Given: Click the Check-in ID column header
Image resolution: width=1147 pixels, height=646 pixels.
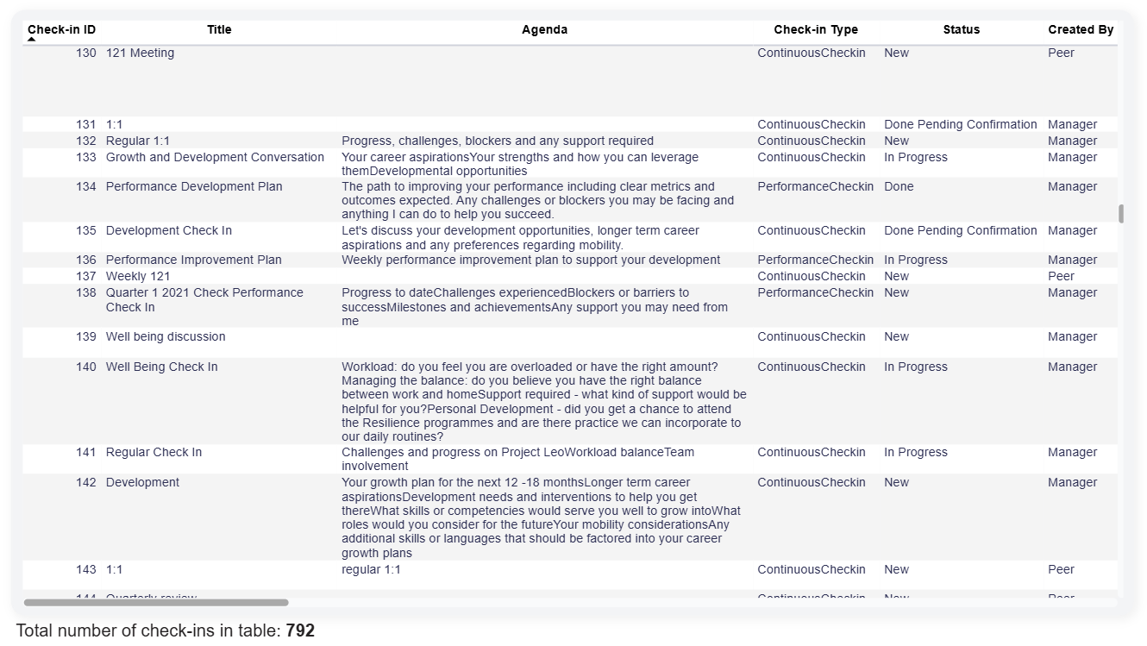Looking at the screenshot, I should pos(61,29).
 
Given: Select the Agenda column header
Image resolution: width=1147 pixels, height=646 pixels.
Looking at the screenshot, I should pos(544,29).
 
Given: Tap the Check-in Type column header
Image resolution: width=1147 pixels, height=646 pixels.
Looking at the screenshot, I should pos(815,29).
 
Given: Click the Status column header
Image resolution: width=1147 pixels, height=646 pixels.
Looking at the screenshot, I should pos(961,29).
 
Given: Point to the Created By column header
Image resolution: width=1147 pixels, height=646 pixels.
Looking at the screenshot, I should pos(1080,29).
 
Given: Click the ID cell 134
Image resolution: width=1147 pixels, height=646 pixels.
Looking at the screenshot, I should pos(86,186).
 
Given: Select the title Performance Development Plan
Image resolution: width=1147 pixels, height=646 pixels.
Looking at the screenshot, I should pos(194,186).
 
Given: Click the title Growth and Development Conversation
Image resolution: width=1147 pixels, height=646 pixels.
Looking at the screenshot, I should pos(215,157).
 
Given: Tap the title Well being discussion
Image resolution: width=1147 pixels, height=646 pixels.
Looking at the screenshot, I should pos(166,336).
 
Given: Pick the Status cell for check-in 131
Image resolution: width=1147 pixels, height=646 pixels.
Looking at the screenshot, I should pos(960,124).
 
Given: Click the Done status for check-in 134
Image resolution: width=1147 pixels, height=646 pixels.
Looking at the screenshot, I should pos(899,186).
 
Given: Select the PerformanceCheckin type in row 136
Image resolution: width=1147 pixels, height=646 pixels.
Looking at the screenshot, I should pos(815,260).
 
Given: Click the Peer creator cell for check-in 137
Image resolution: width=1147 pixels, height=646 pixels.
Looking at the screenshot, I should pos(1061,276).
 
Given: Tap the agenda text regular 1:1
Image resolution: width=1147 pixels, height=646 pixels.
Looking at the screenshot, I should pos(371,569).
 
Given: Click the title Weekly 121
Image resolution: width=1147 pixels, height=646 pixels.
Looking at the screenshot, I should pos(138,276).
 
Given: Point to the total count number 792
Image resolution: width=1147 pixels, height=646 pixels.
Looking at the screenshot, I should pos(300,630).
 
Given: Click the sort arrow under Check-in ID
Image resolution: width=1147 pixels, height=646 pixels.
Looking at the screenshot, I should pos(32,40).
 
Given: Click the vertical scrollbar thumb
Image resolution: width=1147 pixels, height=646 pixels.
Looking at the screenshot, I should pos(1121,214).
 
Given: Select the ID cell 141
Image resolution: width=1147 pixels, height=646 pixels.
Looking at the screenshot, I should pos(86,452).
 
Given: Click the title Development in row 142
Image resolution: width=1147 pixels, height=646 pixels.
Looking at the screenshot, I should pos(142,482).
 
